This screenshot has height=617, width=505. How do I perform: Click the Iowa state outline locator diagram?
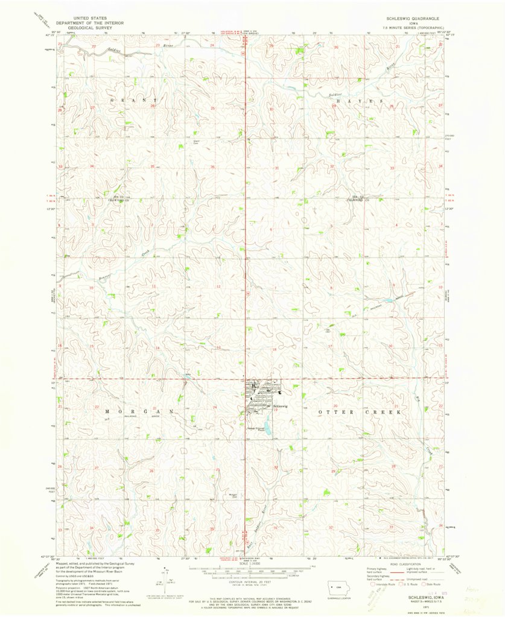click(333, 587)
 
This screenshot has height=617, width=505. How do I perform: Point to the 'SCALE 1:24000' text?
click(250, 563)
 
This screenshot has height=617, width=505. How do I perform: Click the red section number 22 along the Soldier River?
click(94, 46)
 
